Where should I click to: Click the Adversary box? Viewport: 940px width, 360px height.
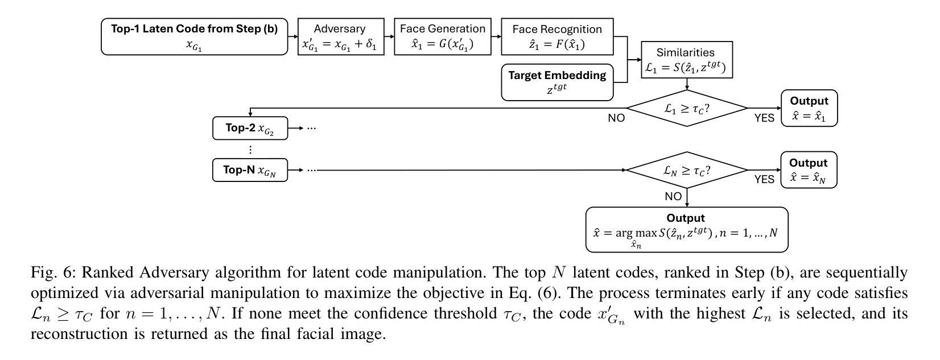(x=340, y=36)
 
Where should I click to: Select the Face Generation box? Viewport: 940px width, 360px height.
(x=443, y=36)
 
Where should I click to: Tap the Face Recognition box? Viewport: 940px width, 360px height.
(x=557, y=36)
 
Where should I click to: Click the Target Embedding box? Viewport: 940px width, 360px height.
(x=557, y=82)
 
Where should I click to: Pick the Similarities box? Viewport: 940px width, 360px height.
(x=686, y=60)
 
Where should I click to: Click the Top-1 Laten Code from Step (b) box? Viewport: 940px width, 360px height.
(x=194, y=36)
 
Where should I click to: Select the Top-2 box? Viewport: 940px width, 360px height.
(x=250, y=128)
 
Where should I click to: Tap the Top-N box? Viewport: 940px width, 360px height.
(x=250, y=170)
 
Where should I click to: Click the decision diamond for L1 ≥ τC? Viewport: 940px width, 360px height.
(x=687, y=108)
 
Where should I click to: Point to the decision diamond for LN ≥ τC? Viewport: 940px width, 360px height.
(x=687, y=170)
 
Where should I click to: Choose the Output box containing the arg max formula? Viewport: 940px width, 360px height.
(x=686, y=229)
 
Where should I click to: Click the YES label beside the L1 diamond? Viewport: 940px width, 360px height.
(x=764, y=118)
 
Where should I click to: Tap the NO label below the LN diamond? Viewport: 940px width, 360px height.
(x=673, y=196)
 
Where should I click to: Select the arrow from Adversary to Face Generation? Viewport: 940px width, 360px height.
(x=389, y=36)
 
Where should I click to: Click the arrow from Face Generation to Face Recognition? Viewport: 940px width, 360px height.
(x=496, y=36)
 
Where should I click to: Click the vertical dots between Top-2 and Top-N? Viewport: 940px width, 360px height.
(x=250, y=150)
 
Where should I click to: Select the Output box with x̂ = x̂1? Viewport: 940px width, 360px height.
(x=809, y=108)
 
